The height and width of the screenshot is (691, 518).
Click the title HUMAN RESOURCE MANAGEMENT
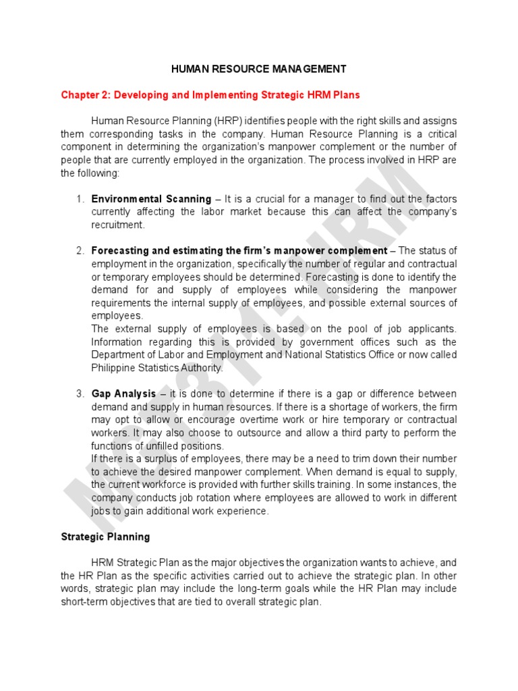(x=259, y=69)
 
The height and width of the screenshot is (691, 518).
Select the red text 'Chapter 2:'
(x=86, y=95)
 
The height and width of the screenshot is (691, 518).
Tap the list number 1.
(x=79, y=199)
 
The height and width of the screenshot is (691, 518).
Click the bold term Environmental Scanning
(x=151, y=199)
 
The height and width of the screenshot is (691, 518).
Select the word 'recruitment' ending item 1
(x=117, y=225)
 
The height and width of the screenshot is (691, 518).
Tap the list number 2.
(x=79, y=251)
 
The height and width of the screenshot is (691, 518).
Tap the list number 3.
(x=79, y=393)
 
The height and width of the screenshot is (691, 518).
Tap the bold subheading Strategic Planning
(x=105, y=537)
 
